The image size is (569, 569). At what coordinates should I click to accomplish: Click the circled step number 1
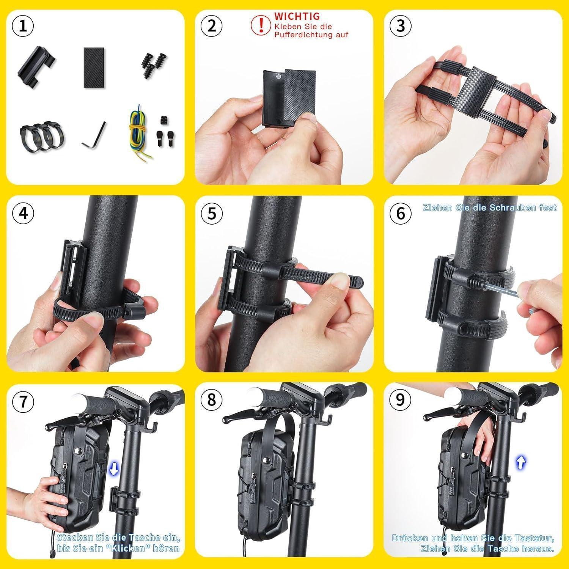23,26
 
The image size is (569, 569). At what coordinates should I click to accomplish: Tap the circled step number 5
212,214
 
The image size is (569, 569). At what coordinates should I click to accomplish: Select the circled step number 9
401,400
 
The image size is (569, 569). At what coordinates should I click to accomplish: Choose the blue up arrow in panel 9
521,462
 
